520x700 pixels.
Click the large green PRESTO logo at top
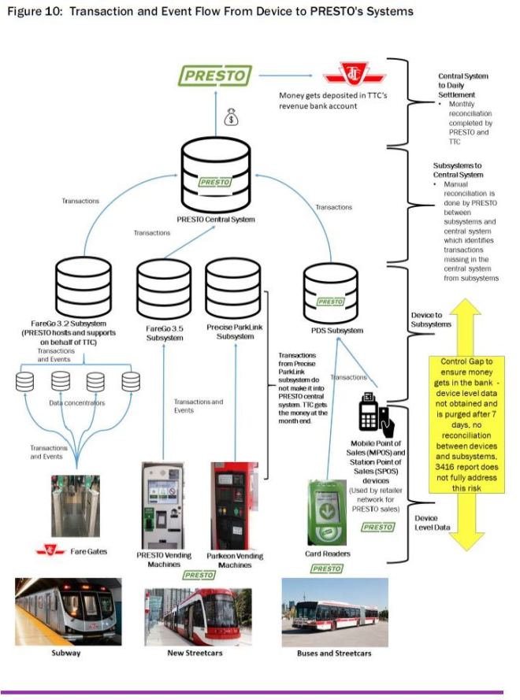(x=214, y=76)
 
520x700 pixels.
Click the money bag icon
(x=230, y=117)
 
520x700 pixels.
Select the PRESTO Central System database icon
(x=215, y=172)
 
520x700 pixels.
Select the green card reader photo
(x=328, y=509)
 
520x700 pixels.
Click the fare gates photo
(x=76, y=505)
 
